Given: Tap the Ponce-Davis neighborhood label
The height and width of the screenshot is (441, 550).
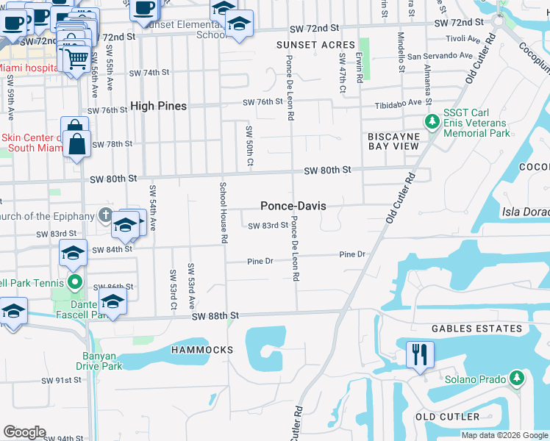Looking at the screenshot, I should pos(293,207).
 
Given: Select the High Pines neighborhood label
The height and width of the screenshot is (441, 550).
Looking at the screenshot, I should pos(158,106).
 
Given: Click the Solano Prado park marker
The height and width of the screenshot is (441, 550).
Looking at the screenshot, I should pos(517,379).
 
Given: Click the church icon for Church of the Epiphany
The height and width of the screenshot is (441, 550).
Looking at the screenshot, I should pos(105,215).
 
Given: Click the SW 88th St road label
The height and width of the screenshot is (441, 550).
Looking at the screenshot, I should pos(216,316).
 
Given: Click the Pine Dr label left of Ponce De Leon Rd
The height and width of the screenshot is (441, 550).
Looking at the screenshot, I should pos(260,261).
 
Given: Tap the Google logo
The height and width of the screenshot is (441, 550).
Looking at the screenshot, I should pos(24,432).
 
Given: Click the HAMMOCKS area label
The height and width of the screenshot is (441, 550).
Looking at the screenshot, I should pos(202,350).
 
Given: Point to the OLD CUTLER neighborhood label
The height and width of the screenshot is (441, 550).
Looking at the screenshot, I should pos(446,417).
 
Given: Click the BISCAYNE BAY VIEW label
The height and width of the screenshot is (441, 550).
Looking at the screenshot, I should pos(393,141).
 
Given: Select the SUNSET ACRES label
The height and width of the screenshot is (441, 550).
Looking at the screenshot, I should pos(315,45).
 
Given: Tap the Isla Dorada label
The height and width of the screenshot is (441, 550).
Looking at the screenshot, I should pos(526,212).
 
